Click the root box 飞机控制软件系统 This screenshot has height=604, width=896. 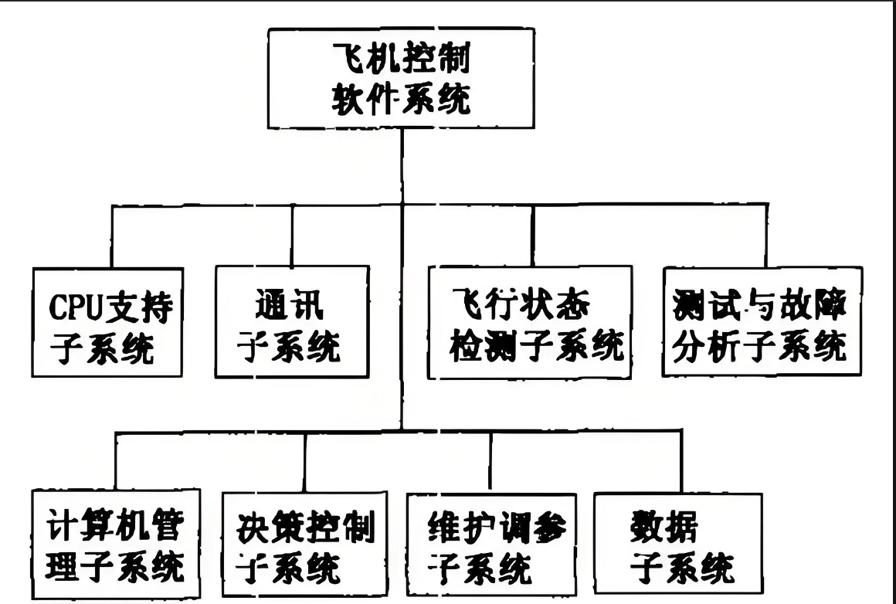401,79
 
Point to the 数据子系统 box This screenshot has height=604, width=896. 677,545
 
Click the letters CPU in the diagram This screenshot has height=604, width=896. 73,307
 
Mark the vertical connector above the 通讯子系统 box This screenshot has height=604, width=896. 292,236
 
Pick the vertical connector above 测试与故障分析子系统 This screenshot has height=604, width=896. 766,236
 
